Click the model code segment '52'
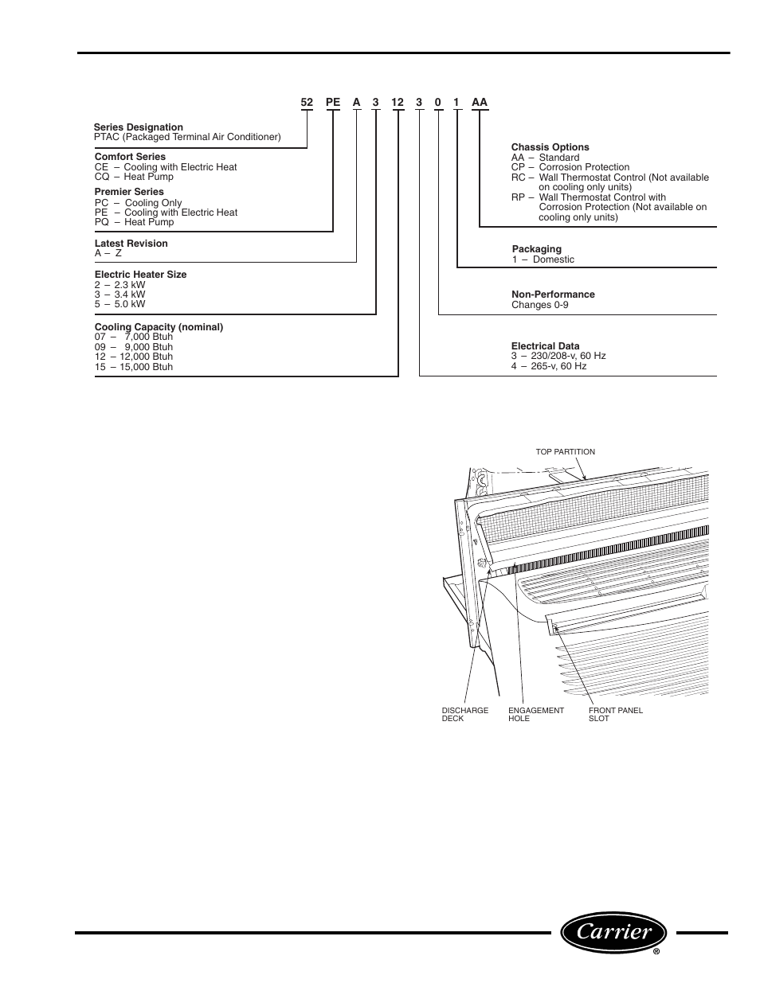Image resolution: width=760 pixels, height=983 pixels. pyautogui.click(x=307, y=103)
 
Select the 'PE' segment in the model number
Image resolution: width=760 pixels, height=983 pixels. pyautogui.click(x=333, y=103)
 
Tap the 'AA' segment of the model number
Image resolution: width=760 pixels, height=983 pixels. pyautogui.click(x=479, y=103)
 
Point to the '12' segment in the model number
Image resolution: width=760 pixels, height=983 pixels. pyautogui.click(x=398, y=103)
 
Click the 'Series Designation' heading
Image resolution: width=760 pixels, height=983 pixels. pyautogui.click(x=139, y=127)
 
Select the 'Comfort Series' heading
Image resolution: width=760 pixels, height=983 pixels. pyautogui.click(x=131, y=157)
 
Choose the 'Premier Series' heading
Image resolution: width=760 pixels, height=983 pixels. pyautogui.click(x=129, y=192)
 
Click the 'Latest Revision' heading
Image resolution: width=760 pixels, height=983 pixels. pyautogui.click(x=131, y=244)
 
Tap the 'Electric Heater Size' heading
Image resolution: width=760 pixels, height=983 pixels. pyautogui.click(x=141, y=275)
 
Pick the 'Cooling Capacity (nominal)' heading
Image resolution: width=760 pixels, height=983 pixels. pyautogui.click(x=159, y=327)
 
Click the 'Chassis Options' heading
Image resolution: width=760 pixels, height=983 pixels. pyautogui.click(x=550, y=147)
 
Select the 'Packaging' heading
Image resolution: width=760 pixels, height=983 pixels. pyautogui.click(x=537, y=249)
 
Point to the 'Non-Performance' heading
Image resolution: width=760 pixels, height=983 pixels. pyautogui.click(x=553, y=295)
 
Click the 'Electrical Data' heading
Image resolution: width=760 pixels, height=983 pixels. pyautogui.click(x=546, y=346)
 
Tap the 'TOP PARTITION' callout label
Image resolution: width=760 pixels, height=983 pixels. pyautogui.click(x=566, y=452)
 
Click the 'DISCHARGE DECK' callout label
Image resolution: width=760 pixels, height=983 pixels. pyautogui.click(x=465, y=714)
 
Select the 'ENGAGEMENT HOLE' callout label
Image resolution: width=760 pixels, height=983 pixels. pyautogui.click(x=536, y=714)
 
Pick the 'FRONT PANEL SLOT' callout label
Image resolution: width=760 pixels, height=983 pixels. pyautogui.click(x=616, y=714)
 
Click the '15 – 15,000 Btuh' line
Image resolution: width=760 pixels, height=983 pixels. pyautogui.click(x=134, y=367)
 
